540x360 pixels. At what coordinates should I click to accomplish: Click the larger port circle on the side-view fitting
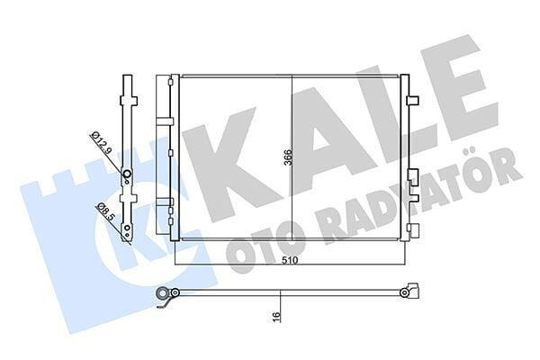tap(127, 175)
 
